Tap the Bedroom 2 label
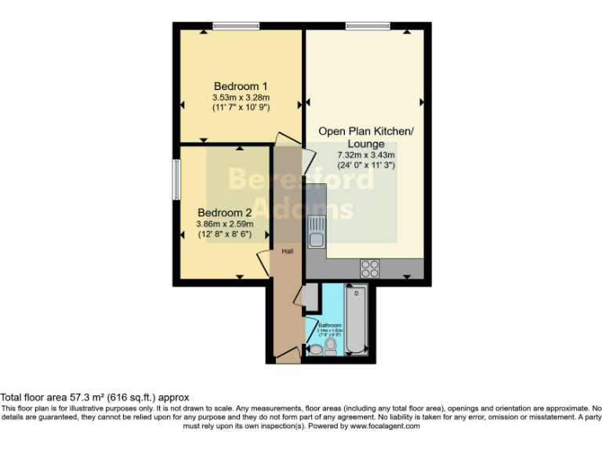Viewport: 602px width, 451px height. coord(224,212)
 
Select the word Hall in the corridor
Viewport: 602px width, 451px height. coord(288,251)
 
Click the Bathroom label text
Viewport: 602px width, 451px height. coord(329,325)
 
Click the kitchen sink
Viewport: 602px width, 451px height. coord(316,233)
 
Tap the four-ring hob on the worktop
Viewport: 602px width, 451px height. coord(369,268)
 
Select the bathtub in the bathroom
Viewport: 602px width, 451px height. coord(356,321)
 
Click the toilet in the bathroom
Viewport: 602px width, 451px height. coord(331,345)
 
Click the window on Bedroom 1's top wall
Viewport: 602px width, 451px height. coord(235,27)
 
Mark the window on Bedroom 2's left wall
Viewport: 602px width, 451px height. coord(176,179)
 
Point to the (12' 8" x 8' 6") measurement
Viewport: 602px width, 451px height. coord(224,233)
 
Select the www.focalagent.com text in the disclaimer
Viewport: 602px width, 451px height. coord(383,426)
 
